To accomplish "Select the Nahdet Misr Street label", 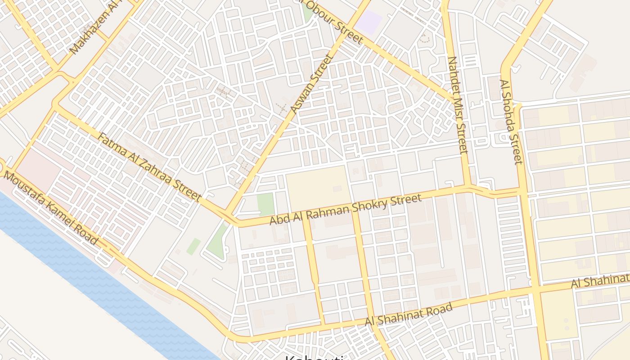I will click(459, 104).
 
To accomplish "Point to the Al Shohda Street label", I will click(512, 121).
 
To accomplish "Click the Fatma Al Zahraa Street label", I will click(149, 166).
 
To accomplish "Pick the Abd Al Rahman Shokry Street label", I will click(346, 209).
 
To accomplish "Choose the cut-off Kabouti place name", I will click(315, 358).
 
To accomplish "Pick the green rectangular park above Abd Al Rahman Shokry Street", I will click(265, 204).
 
